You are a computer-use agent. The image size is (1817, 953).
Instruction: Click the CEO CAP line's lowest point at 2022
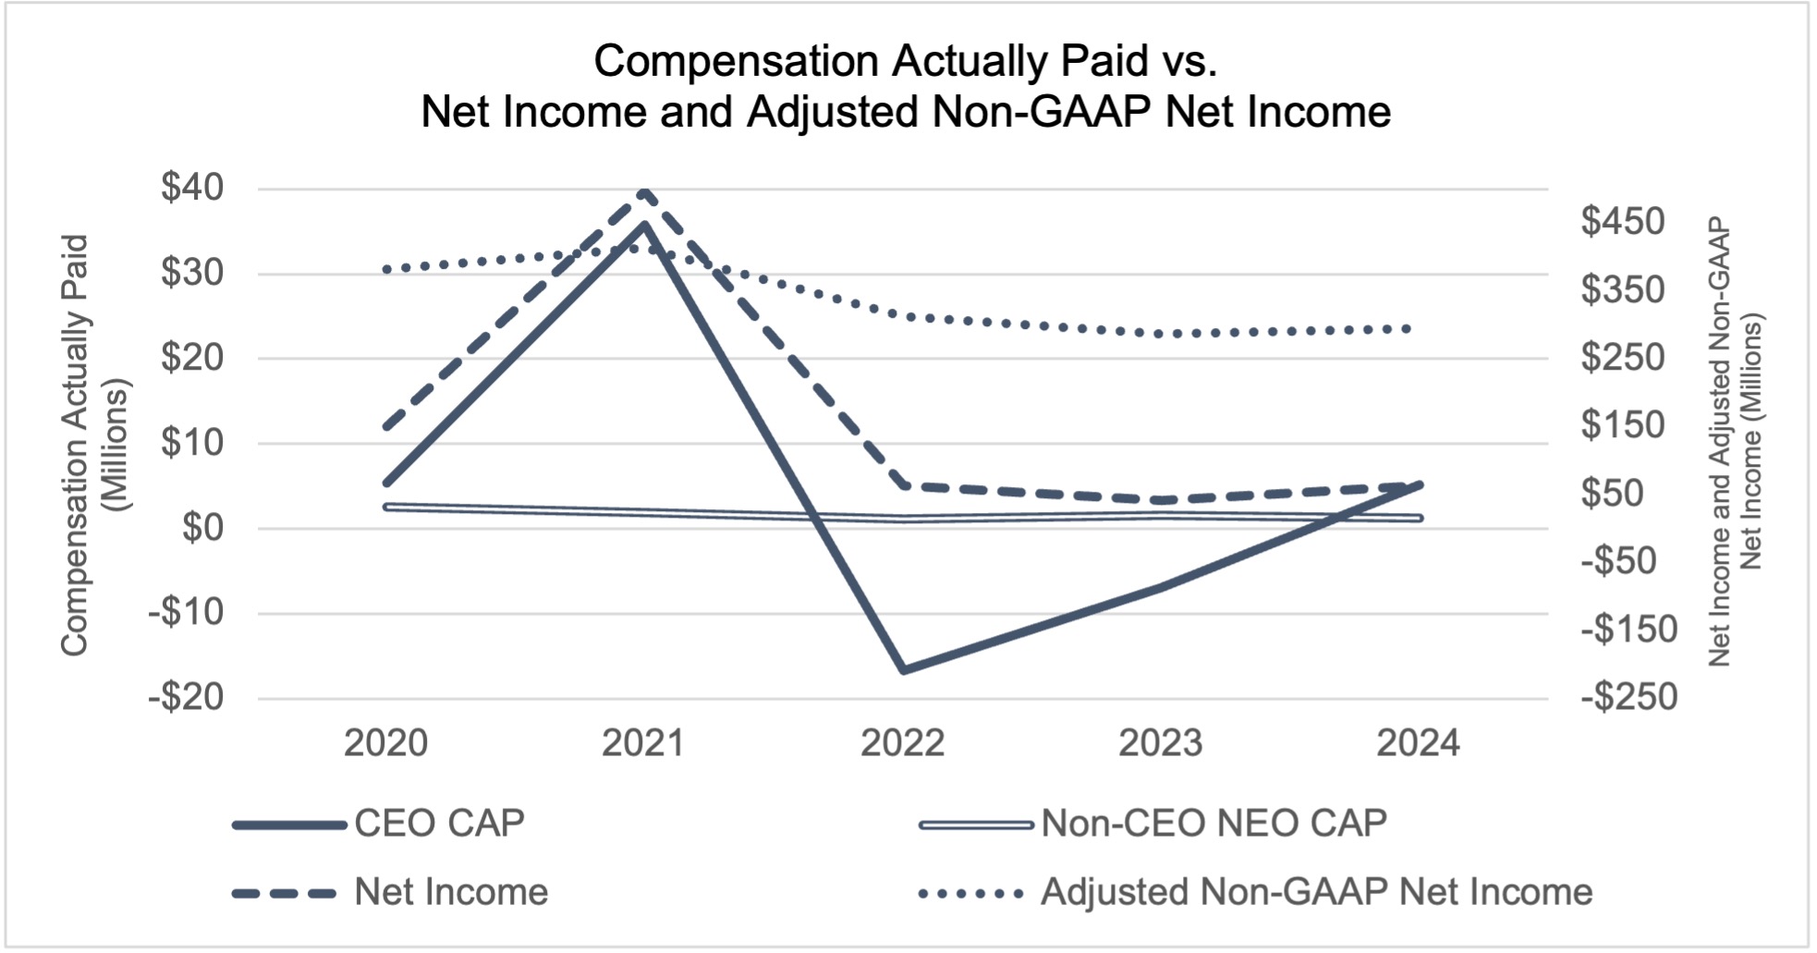coord(903,669)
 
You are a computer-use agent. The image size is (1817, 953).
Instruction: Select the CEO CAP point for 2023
coord(1161,586)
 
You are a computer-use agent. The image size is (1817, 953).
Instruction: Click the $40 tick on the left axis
coord(192,188)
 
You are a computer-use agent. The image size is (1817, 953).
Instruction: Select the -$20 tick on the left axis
coord(187,697)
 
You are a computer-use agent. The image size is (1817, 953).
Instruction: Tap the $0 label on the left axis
coord(203,528)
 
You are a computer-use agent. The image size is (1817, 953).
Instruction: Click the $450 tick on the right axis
coord(1622,222)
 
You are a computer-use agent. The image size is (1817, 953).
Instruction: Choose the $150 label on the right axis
coord(1622,425)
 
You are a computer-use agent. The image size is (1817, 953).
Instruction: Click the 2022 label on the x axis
coord(902,743)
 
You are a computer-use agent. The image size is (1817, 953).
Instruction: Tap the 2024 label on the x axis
coord(1418,743)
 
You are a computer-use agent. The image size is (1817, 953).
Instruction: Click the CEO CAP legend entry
coord(439,823)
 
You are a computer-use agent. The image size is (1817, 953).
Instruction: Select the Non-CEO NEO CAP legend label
coord(1213,823)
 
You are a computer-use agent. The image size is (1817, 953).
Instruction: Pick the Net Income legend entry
coord(451,892)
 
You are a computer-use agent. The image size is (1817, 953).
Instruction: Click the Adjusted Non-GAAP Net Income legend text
coord(1316,892)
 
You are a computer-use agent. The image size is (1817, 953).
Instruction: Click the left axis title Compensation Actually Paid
coord(76,445)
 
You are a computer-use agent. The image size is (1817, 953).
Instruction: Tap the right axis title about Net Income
coord(1734,442)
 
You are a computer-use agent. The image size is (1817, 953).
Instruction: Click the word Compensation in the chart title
coord(736,62)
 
